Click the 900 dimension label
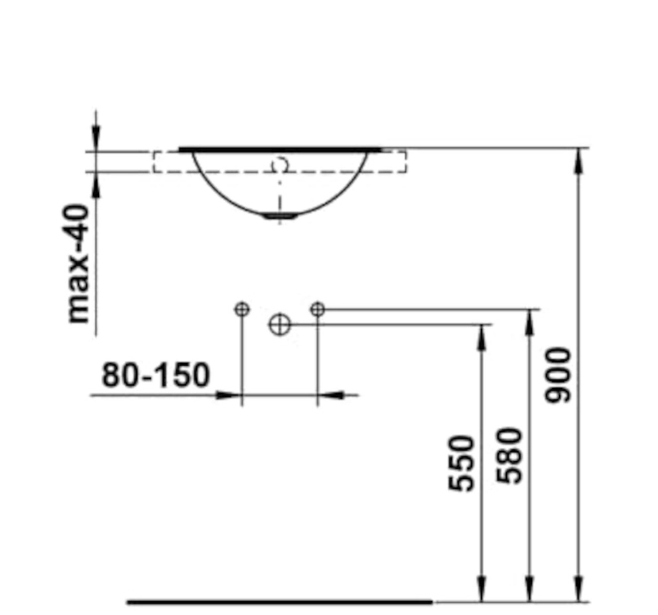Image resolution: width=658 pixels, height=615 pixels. pyautogui.click(x=558, y=375)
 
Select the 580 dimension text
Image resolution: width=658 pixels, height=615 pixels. pyautogui.click(x=509, y=455)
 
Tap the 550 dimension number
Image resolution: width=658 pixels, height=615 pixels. pyautogui.click(x=461, y=464)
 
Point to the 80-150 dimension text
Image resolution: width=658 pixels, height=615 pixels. pyautogui.click(x=156, y=375)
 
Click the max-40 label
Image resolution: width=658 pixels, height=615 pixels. pyautogui.click(x=78, y=263)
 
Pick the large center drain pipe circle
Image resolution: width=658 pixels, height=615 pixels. pyautogui.click(x=279, y=324)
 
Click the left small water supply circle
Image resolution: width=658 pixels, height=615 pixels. pyautogui.click(x=242, y=310)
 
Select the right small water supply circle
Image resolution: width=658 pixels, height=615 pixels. pyautogui.click(x=318, y=309)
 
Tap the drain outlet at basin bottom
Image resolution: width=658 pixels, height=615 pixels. pyautogui.click(x=280, y=216)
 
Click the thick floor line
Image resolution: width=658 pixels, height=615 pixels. pyautogui.click(x=280, y=602)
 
